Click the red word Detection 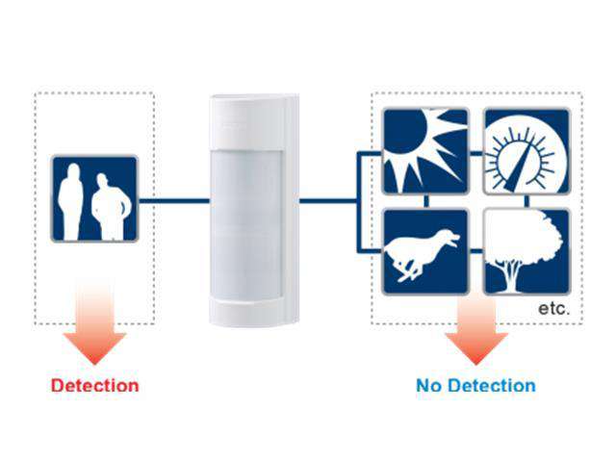pyautogui.click(x=94, y=386)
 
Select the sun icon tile pyautogui.click(x=424, y=150)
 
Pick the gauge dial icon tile pyautogui.click(x=526, y=150)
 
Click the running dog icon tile pyautogui.click(x=424, y=251)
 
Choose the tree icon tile pyautogui.click(x=526, y=251)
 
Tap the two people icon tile pyautogui.click(x=94, y=198)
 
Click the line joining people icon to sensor pyautogui.click(x=173, y=200)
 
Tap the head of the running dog pyautogui.click(x=449, y=237)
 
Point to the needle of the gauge pyautogui.click(x=531, y=154)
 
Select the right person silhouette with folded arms pyautogui.click(x=113, y=207)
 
